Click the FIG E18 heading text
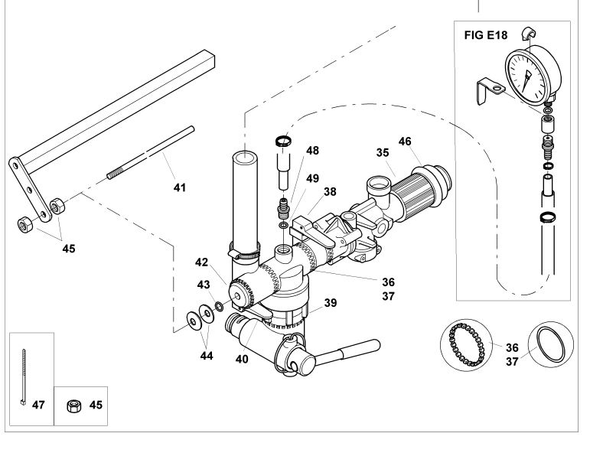[486, 35]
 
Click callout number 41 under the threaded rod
[180, 187]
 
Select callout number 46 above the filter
[405, 142]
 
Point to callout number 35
[383, 153]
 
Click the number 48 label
[313, 150]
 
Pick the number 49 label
[313, 178]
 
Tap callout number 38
[330, 191]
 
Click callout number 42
[201, 262]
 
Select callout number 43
[204, 285]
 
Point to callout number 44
[207, 356]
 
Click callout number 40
[242, 359]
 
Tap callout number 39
[331, 303]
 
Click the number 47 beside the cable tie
[38, 405]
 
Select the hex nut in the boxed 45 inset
[73, 406]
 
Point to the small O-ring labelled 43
[219, 307]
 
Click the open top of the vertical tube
[245, 158]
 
